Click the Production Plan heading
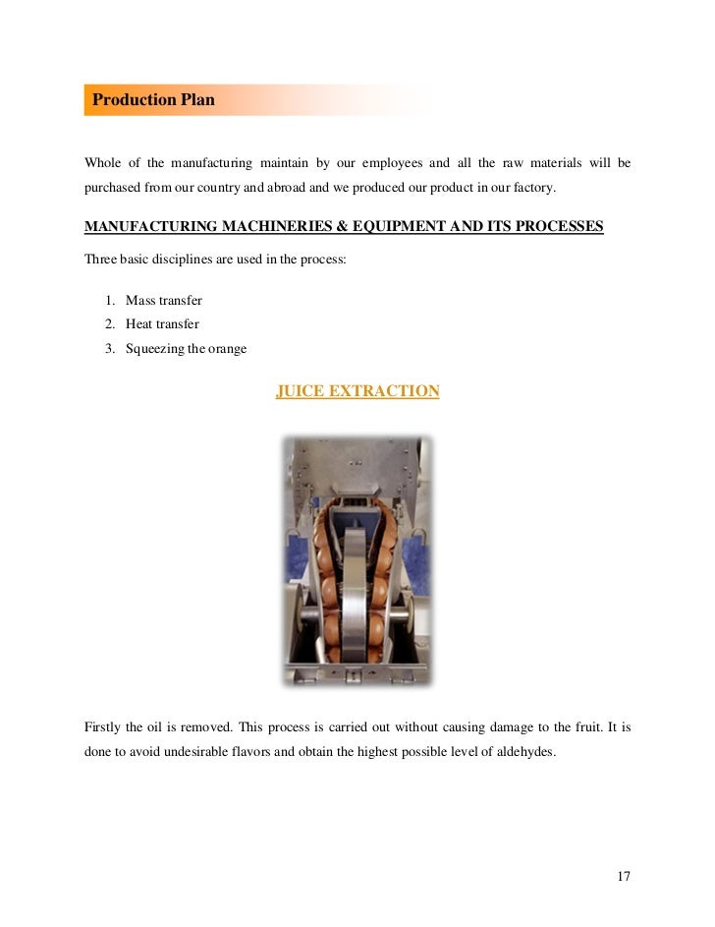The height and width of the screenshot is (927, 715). (x=153, y=100)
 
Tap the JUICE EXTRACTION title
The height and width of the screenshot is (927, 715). (x=357, y=391)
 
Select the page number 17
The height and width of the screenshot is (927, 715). (x=623, y=876)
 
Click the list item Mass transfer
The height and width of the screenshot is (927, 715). (x=164, y=300)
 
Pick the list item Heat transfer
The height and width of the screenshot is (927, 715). (x=162, y=323)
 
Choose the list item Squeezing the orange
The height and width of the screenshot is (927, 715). (x=186, y=348)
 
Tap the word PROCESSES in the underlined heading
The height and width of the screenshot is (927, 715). (x=553, y=227)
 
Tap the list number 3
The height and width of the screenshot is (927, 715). (x=111, y=348)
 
